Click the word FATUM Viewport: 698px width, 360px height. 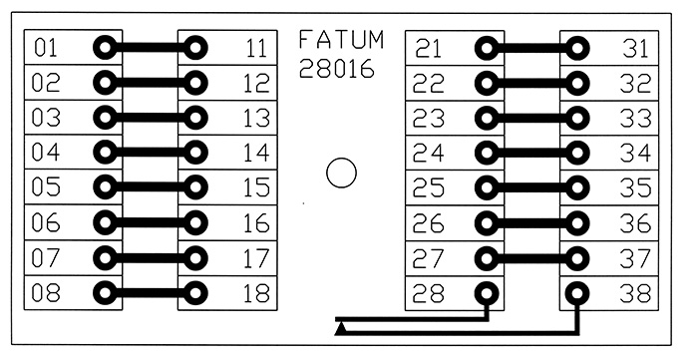341,40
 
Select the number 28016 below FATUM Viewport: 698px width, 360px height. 337,69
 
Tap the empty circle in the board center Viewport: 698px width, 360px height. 341,173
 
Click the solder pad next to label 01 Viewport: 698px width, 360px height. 105,47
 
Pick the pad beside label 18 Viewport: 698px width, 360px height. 195,293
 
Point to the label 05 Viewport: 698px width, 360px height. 46,187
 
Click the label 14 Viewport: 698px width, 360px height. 256,153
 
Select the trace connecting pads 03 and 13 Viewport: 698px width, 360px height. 150,118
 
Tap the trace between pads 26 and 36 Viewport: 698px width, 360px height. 531,223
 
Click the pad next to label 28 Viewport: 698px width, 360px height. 487,293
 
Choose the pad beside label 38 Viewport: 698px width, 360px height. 577,293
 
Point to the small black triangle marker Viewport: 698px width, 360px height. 341,329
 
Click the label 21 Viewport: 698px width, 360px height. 428,49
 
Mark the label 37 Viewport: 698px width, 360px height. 636,258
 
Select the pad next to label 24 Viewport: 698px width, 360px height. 487,154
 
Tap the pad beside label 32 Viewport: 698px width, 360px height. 577,83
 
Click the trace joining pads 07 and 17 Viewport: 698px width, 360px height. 150,257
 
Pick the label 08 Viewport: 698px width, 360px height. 46,293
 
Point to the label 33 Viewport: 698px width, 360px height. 636,119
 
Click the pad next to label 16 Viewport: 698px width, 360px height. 195,222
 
